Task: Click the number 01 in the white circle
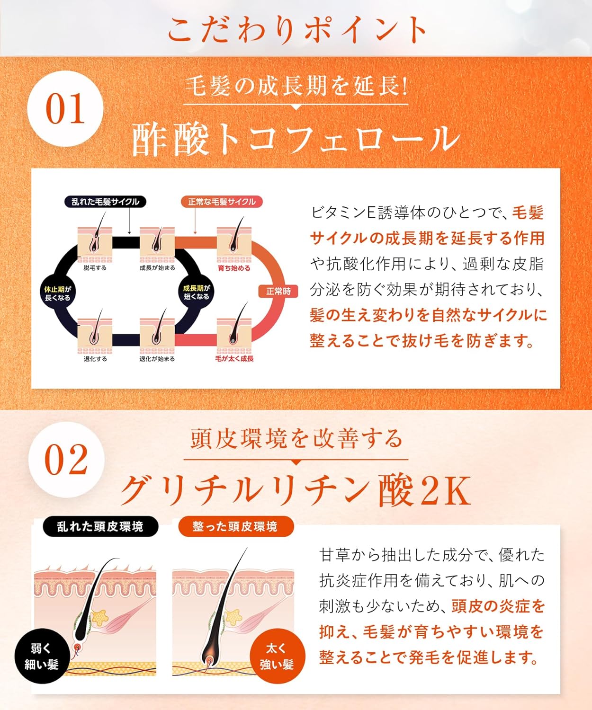[x=65, y=109]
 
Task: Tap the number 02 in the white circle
[x=66, y=460]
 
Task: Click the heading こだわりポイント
[x=296, y=29]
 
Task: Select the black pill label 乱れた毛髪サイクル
[x=106, y=202]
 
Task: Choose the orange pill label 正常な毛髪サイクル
[x=222, y=202]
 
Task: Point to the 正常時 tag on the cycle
[x=278, y=292]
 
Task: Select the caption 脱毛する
[x=95, y=268]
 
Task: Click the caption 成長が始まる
[x=157, y=268]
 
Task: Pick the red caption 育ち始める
[x=234, y=268]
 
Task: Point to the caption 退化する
[x=95, y=359]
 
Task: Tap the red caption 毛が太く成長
[x=234, y=358]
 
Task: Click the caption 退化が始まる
[x=157, y=359]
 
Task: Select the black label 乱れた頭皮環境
[x=101, y=526]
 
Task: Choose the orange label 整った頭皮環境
[x=236, y=526]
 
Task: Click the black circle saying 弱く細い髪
[x=42, y=657]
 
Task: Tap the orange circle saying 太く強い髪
[x=277, y=656]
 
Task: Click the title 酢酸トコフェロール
[x=296, y=140]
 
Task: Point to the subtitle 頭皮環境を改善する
[x=296, y=439]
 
